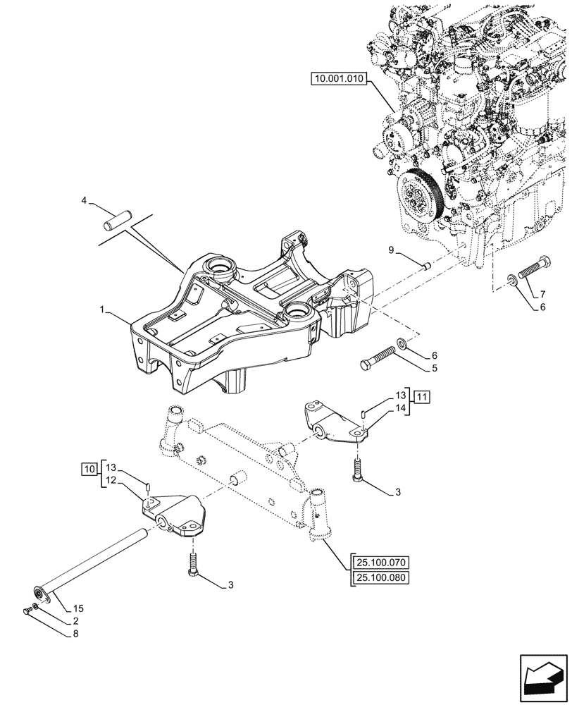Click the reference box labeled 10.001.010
pyautogui.click(x=337, y=80)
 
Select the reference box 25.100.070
pyautogui.click(x=381, y=563)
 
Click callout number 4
pyautogui.click(x=84, y=201)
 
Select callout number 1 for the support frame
pyautogui.click(x=103, y=309)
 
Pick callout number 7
pyautogui.click(x=542, y=293)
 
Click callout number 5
pyautogui.click(x=435, y=368)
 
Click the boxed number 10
pyautogui.click(x=88, y=467)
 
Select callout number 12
pyautogui.click(x=111, y=480)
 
